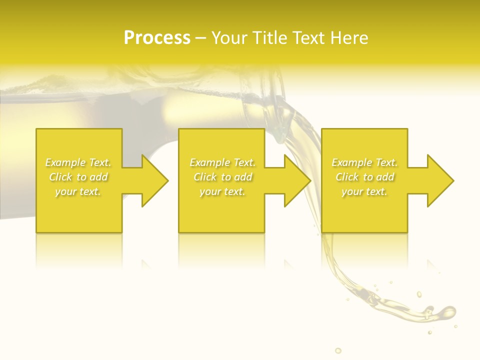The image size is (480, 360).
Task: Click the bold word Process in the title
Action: (x=157, y=38)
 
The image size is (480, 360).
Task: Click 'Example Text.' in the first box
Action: (x=78, y=162)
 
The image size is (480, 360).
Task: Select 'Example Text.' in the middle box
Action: (x=222, y=162)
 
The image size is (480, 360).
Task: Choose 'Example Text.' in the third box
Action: (x=364, y=162)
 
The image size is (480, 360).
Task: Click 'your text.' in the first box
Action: (x=78, y=191)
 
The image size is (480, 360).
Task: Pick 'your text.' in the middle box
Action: (x=222, y=191)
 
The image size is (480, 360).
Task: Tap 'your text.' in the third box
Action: (x=364, y=191)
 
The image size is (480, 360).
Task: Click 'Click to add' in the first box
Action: (x=78, y=177)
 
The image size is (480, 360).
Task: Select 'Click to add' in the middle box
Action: (x=222, y=177)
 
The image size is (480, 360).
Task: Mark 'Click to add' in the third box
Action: (x=364, y=177)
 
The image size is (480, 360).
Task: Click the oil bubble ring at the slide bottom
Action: (x=338, y=350)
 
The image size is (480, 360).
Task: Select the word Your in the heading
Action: (x=229, y=38)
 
